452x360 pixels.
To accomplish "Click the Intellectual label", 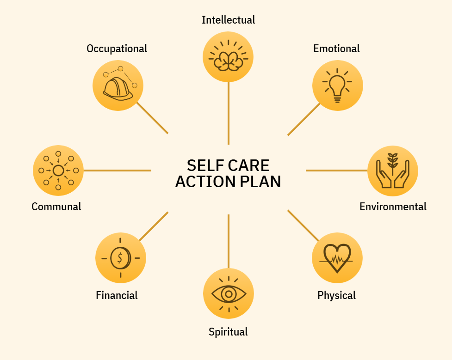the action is (228, 20).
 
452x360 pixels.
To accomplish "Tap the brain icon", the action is (228, 56).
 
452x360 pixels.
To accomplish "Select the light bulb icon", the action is (337, 85).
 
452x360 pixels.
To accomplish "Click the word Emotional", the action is (336, 49).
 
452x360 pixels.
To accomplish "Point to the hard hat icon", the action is (118, 85).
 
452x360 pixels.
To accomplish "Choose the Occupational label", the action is (117, 49).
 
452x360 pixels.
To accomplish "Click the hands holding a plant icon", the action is (393, 171).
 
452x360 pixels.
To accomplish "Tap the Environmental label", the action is (393, 207).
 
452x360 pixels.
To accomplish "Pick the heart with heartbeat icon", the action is (337, 258).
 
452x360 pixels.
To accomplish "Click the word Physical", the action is (336, 295).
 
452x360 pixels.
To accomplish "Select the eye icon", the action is (229, 293).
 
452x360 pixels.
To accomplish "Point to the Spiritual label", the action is (228, 332).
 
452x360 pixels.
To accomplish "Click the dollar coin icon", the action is (120, 258).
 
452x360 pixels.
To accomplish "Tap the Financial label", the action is (117, 295).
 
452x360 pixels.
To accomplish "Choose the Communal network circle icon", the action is (58, 171).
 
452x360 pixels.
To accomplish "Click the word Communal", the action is (56, 207).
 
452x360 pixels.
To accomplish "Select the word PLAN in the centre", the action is (261, 182).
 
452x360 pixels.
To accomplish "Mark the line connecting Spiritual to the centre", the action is (229, 240).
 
